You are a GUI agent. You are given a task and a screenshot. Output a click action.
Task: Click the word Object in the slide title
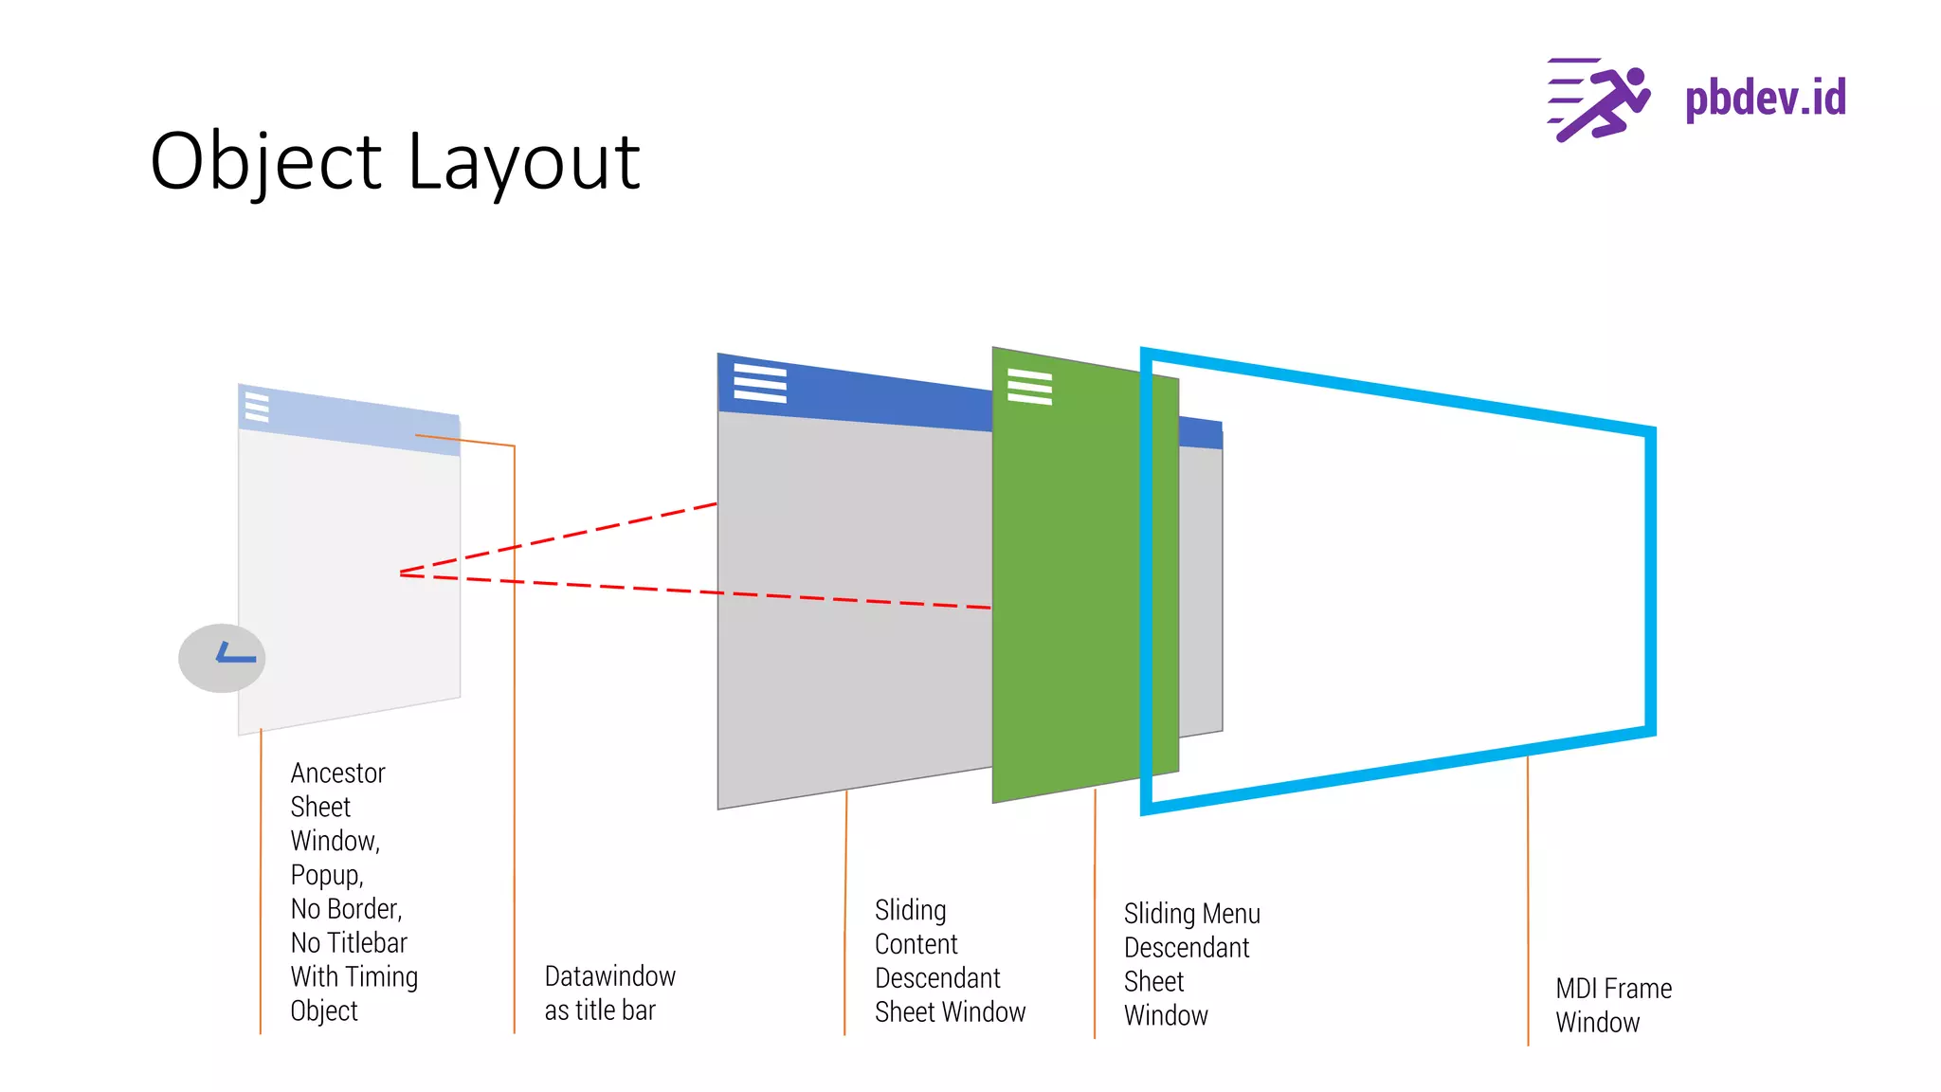[266, 163]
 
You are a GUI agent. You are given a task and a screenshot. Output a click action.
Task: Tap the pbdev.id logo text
[1765, 99]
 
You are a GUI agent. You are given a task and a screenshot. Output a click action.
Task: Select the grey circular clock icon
[222, 658]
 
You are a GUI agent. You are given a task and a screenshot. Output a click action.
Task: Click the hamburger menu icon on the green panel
[1029, 387]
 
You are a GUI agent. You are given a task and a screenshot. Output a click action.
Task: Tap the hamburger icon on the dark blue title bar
[760, 383]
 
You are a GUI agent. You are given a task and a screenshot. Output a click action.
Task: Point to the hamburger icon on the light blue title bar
[257, 407]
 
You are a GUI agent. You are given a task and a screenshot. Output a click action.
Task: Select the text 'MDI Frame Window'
[1613, 1005]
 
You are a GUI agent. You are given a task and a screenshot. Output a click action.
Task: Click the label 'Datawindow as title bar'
[609, 992]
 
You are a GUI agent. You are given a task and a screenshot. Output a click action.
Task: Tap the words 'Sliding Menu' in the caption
[1191, 914]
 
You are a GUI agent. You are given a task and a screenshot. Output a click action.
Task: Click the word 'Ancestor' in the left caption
[337, 773]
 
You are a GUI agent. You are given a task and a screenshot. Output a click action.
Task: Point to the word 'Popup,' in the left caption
[327, 875]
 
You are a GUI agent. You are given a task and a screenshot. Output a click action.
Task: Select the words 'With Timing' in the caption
[354, 976]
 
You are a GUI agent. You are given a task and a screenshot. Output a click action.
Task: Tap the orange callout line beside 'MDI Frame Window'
[1528, 901]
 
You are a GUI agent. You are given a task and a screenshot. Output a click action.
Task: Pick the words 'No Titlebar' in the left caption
[349, 943]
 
